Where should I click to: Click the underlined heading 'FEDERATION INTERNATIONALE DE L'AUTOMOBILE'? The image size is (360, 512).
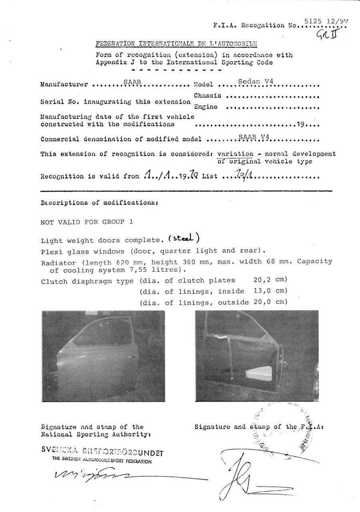tap(176, 44)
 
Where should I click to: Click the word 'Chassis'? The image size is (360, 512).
tap(208, 96)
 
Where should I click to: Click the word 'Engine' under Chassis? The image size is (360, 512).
tap(206, 106)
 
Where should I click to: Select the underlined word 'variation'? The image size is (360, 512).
tap(235, 154)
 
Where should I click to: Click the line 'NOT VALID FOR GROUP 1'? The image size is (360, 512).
tap(87, 222)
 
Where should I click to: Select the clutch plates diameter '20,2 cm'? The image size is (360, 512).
tap(270, 280)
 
